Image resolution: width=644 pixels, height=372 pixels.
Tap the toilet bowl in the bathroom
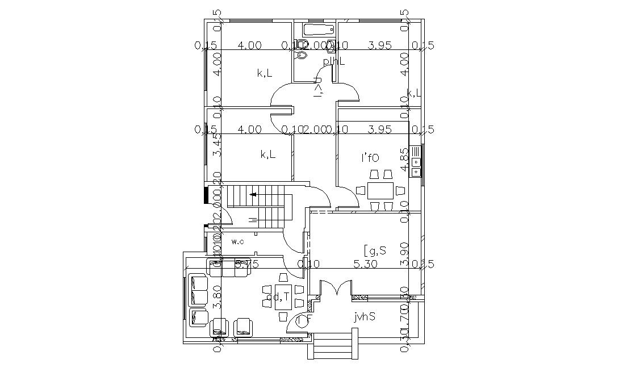pos(302,55)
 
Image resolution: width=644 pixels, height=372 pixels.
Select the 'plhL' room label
pos(334,61)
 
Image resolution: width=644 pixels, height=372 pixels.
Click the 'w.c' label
pos(238,242)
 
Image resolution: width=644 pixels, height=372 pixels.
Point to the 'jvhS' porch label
pos(364,317)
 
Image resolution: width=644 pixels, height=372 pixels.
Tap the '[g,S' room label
pos(375,249)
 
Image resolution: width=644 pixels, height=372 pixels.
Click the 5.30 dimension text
pos(365,264)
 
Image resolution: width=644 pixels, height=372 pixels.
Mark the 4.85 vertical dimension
pos(404,160)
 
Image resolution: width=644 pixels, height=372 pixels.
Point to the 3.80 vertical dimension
pos(216,296)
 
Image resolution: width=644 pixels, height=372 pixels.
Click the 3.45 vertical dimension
pos(216,145)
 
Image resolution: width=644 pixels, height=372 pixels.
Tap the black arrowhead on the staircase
pos(253,194)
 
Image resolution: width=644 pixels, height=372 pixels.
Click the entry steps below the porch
pos(333,346)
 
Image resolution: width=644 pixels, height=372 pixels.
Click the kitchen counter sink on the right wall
pos(416,162)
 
